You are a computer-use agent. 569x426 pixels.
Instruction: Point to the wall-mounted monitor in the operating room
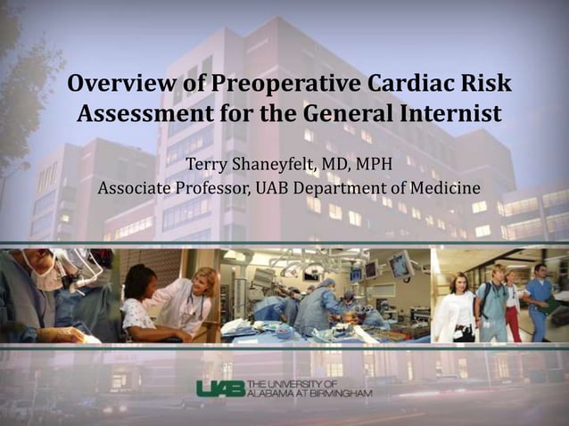coord(399,265)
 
